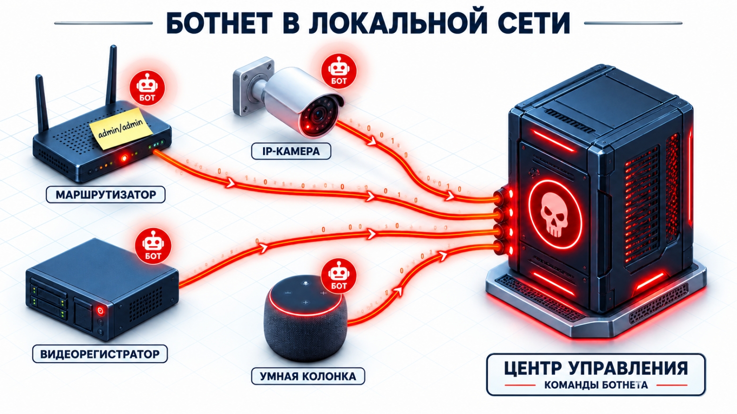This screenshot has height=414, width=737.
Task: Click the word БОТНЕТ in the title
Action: [x=219, y=23]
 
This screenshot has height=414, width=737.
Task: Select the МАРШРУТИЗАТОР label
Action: [x=106, y=194]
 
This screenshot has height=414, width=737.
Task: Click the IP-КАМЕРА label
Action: [x=291, y=151]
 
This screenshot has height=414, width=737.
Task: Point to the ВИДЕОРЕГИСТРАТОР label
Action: [x=100, y=354]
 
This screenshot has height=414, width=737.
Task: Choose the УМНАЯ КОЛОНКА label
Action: [x=308, y=376]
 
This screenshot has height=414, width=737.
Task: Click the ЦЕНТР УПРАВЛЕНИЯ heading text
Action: [x=596, y=368]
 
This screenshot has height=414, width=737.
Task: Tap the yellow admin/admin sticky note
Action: [x=121, y=128]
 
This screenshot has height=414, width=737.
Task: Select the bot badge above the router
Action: [x=147, y=88]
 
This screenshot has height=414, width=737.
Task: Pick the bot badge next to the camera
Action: [x=339, y=71]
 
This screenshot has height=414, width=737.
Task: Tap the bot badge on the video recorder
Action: [x=153, y=245]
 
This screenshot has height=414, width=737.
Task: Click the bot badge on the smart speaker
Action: [x=339, y=276]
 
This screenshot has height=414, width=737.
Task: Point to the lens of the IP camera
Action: [x=318, y=115]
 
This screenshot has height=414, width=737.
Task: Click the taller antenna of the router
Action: [x=112, y=75]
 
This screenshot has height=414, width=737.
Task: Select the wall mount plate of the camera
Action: [x=253, y=86]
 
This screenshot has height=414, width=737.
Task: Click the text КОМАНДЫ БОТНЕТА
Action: [x=596, y=385]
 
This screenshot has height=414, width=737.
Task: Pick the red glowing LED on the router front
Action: [x=124, y=159]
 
